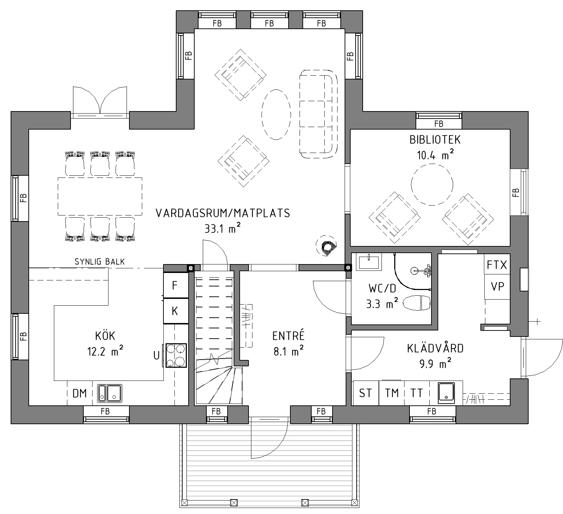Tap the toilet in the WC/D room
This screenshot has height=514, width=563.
[x=417, y=303]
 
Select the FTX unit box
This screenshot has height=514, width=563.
[x=497, y=264]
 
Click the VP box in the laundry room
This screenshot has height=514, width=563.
[x=497, y=286]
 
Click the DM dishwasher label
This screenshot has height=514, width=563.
[x=80, y=393]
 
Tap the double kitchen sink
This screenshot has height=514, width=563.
[x=110, y=393]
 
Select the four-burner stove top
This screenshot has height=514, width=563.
[x=175, y=355]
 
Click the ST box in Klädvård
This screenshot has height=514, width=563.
[x=366, y=393]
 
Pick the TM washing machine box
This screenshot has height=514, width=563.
[x=392, y=393]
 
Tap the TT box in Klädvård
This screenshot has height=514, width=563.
[x=417, y=393]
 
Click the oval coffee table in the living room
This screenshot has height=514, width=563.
[x=276, y=114]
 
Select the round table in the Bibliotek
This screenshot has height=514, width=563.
[x=432, y=185]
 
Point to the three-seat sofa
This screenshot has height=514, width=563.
[x=318, y=114]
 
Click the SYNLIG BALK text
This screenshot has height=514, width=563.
[x=100, y=262]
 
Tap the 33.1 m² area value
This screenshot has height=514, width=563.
[x=223, y=229]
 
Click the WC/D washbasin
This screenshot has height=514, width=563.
[x=369, y=262]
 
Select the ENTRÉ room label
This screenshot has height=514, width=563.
[x=289, y=335]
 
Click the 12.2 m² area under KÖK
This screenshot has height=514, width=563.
[x=105, y=352]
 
